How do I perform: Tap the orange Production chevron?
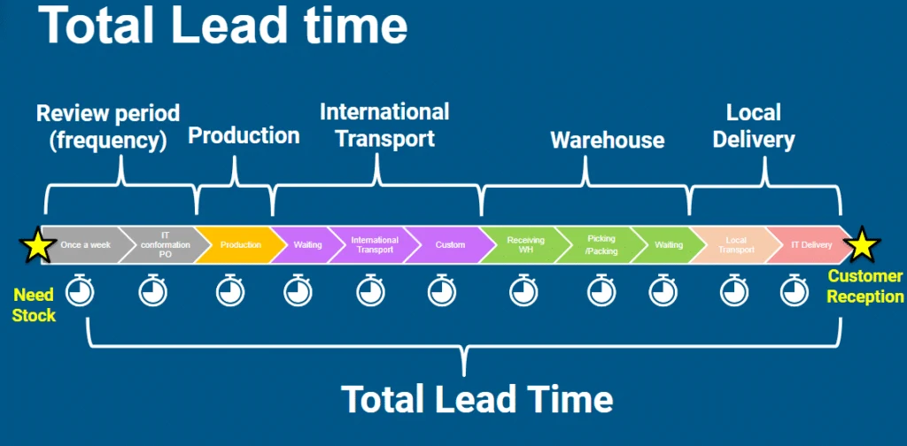point(240,245)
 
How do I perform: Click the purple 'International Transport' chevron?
point(375,245)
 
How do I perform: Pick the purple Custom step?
point(449,245)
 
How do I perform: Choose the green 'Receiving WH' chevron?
point(525,245)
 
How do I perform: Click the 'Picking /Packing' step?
point(601,245)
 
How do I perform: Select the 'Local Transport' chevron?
point(735,245)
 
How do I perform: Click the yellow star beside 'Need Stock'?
point(36,245)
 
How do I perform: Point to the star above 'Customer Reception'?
point(863,244)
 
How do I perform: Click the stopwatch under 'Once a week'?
point(81,289)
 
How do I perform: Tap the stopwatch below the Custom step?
point(441,289)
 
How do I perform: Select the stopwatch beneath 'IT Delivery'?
point(793,289)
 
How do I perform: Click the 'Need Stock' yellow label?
point(34,304)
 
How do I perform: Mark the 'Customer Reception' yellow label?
point(865,287)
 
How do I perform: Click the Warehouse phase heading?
point(607,140)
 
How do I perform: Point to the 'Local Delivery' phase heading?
point(753,127)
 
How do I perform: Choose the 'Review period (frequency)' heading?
point(107,127)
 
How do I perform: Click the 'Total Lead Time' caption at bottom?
point(477,398)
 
